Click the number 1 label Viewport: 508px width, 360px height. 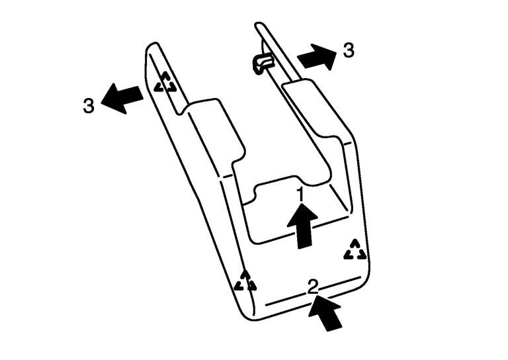click(x=301, y=195)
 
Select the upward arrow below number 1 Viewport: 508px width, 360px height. click(x=302, y=226)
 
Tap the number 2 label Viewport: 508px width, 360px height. click(x=313, y=287)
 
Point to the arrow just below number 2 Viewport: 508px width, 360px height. click(x=325, y=312)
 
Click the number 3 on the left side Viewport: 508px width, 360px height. click(x=89, y=106)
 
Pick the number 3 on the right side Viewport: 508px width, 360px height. click(x=349, y=50)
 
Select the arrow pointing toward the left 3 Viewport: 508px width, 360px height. click(x=122, y=99)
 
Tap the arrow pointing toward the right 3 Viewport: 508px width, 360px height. click(x=317, y=57)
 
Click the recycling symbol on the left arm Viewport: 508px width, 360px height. click(x=165, y=82)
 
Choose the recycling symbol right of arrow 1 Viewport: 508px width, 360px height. click(x=355, y=250)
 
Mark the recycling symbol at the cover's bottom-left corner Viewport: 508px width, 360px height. click(x=245, y=281)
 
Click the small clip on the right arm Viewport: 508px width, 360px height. click(x=262, y=63)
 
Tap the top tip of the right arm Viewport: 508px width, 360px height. click(x=258, y=24)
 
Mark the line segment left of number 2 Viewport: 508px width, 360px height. click(x=286, y=300)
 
